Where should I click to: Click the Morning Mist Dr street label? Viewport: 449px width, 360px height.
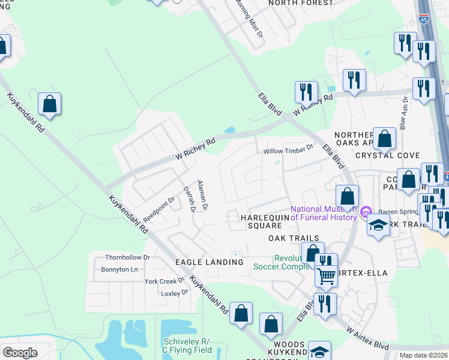click(248, 19)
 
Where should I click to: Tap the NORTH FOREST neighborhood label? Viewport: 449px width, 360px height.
click(301, 3)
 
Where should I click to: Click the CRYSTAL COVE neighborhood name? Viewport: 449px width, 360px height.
click(387, 155)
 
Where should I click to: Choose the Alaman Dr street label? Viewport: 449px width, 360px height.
click(202, 195)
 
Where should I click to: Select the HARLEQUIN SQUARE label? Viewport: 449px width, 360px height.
click(261, 221)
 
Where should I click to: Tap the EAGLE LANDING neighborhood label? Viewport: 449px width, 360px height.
click(209, 262)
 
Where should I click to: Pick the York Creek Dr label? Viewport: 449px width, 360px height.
click(164, 281)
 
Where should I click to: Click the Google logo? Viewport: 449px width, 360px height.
click(20, 352)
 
